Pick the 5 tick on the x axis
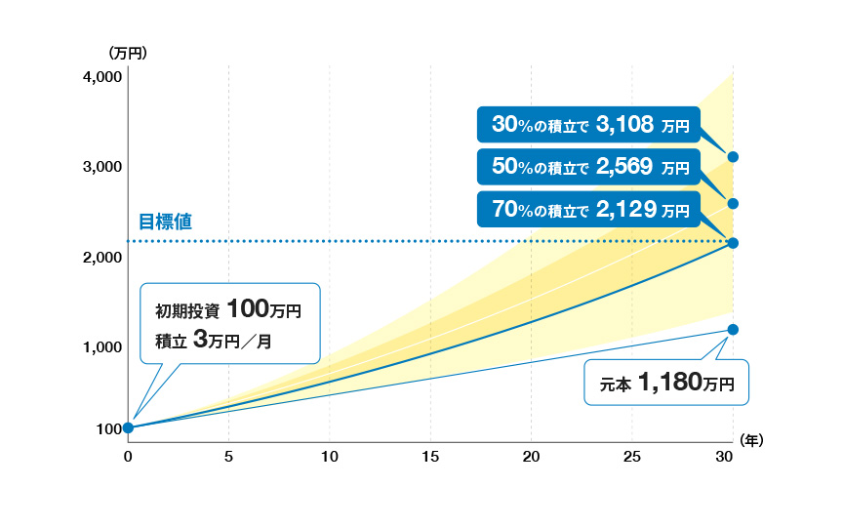tap(228, 457)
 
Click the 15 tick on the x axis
tap(430, 457)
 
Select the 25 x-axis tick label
tap(632, 457)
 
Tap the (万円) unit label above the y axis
tap(128, 53)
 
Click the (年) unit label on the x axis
tap(752, 441)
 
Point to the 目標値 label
tap(159, 222)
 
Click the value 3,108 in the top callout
tap(622, 124)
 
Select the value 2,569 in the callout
tap(622, 167)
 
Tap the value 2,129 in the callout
tap(622, 209)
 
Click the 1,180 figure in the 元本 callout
tap(671, 383)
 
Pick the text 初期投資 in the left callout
tap(186, 312)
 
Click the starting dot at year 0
tap(128, 427)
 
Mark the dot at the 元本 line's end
tap(733, 330)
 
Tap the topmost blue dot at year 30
tap(733, 157)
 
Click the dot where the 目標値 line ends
tap(733, 243)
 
